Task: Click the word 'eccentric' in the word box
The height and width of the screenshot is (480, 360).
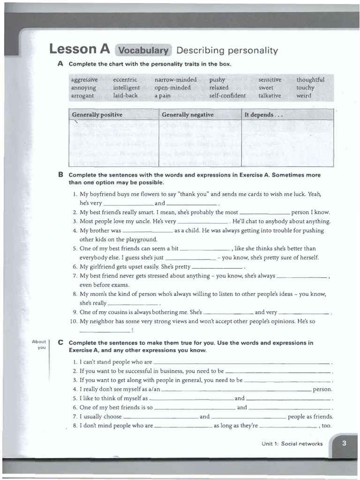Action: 125,80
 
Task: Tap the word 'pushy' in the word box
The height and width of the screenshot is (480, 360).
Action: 217,80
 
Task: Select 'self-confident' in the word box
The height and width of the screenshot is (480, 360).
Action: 227,96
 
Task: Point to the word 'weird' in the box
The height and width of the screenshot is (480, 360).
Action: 304,96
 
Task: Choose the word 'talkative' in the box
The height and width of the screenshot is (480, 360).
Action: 270,96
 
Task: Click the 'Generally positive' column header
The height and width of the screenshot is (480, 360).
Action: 97,115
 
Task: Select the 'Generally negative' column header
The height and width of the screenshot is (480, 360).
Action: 187,115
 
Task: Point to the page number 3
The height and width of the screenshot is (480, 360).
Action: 344,443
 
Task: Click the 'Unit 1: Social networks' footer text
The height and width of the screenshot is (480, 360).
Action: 292,443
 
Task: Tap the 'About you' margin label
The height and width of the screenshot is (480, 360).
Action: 39,345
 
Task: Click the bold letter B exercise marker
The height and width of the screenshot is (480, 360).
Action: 60,175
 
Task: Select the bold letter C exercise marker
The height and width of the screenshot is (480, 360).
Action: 60,343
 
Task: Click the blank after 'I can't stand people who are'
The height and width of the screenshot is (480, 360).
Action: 242,363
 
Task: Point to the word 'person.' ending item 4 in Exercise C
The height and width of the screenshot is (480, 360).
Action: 322,389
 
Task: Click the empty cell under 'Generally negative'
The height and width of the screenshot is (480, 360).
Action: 200,143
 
